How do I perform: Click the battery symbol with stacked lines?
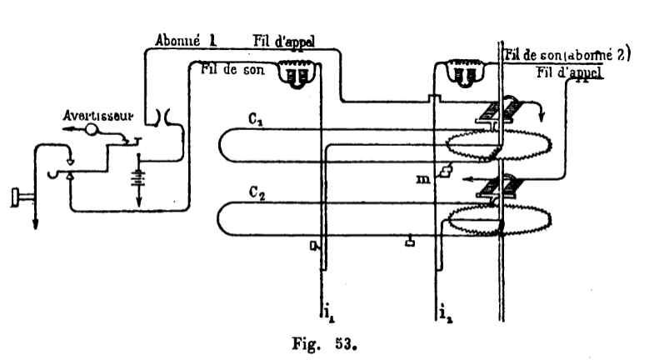point(137,178)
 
